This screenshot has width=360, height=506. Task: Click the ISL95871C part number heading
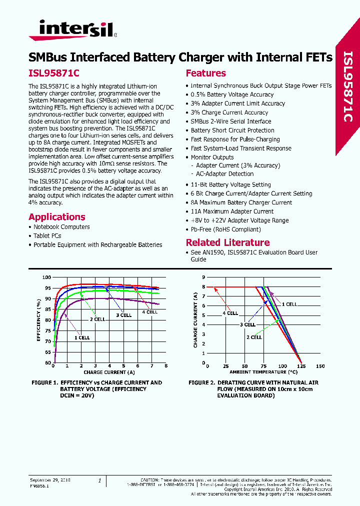point(54,73)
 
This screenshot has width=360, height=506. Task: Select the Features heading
point(205,73)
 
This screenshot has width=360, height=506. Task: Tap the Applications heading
point(57,217)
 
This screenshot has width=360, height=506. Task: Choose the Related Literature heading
point(227,242)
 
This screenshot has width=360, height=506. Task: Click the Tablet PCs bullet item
point(47,236)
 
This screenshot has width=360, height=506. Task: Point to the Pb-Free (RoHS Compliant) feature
point(225,229)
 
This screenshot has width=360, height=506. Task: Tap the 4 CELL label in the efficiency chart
point(149,312)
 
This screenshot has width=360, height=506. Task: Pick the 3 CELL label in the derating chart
point(247,324)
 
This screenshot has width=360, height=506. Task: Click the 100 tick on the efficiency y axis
point(46,277)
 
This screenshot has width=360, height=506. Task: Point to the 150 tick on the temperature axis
point(320,366)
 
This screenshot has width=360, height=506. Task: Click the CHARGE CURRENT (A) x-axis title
point(109,372)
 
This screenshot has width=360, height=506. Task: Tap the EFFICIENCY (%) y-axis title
point(38,320)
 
